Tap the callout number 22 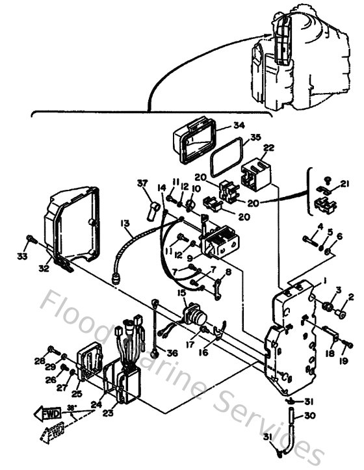268,148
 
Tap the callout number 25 77,394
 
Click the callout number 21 344,185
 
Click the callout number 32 44,267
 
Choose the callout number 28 40,361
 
